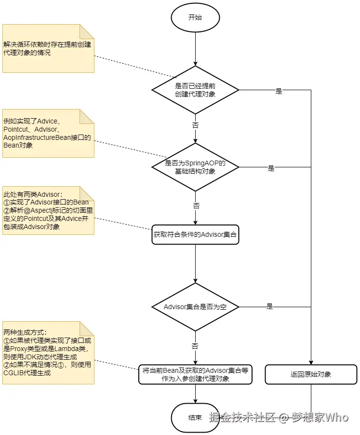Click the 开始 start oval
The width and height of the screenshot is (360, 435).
click(x=195, y=18)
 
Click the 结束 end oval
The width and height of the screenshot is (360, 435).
click(x=195, y=418)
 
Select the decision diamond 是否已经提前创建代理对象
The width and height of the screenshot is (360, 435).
click(x=195, y=90)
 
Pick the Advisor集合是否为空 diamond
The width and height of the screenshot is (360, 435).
click(x=195, y=307)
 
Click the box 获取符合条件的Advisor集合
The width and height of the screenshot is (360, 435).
click(x=195, y=235)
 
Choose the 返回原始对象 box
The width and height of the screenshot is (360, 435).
click(x=310, y=374)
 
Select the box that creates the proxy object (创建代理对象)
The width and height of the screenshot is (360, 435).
click(x=195, y=374)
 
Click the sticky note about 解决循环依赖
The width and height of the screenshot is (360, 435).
click(x=48, y=49)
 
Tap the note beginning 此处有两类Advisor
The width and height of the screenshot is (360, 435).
click(x=48, y=210)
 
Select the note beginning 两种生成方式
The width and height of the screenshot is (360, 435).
click(x=48, y=353)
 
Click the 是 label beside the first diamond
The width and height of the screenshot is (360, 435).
click(x=279, y=91)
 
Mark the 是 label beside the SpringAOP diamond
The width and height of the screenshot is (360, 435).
click(x=271, y=168)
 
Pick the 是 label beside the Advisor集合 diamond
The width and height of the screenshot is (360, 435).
click(x=269, y=306)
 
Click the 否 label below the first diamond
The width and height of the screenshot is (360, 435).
click(x=196, y=124)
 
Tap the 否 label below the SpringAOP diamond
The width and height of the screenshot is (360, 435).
click(x=196, y=205)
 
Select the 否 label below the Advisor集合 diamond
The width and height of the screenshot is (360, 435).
click(x=195, y=346)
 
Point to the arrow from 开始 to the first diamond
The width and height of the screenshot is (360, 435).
click(x=195, y=48)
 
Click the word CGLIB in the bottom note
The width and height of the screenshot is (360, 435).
click(x=15, y=373)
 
